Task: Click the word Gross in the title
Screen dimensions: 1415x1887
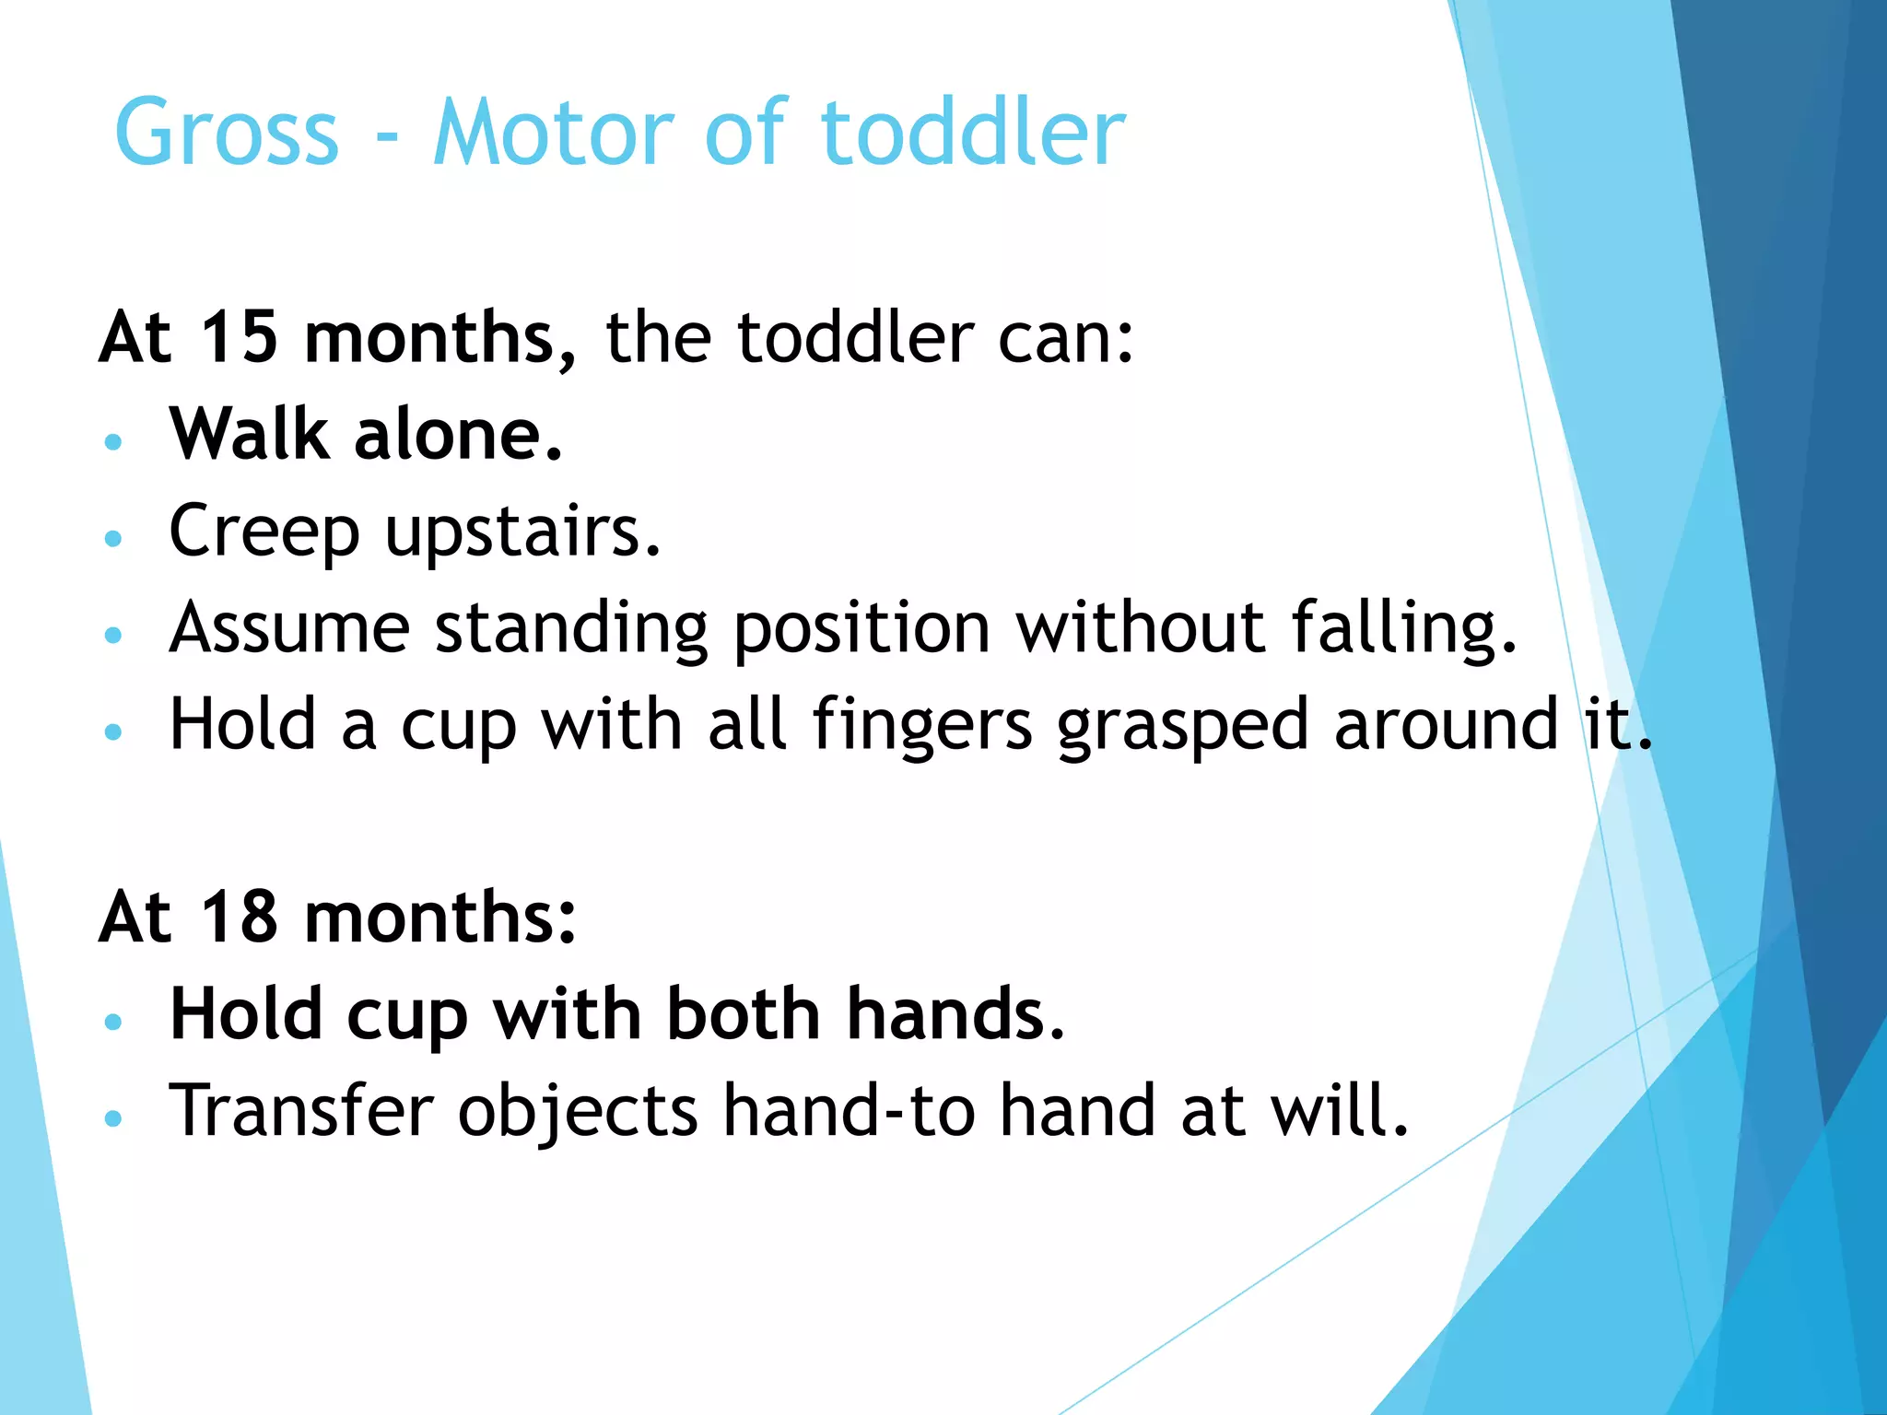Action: tap(227, 134)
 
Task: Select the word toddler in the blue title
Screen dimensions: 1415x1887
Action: tap(973, 134)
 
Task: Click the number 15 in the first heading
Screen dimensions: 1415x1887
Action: tap(239, 337)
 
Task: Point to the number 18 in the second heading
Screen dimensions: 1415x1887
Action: tap(239, 918)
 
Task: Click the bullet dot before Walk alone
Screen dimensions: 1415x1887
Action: tap(113, 441)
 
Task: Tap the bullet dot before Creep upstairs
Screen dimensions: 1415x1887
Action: tap(113, 538)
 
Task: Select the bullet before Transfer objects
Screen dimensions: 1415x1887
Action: tap(113, 1118)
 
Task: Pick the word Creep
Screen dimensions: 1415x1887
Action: tap(264, 532)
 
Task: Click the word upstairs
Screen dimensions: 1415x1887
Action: tap(522, 532)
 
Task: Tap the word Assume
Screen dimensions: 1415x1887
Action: tap(289, 628)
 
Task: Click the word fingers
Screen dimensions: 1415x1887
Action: tap(922, 726)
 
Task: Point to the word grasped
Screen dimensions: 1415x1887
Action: tap(1183, 726)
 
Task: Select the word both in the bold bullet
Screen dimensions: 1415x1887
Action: tap(743, 1014)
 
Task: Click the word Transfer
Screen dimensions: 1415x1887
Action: tap(301, 1111)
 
